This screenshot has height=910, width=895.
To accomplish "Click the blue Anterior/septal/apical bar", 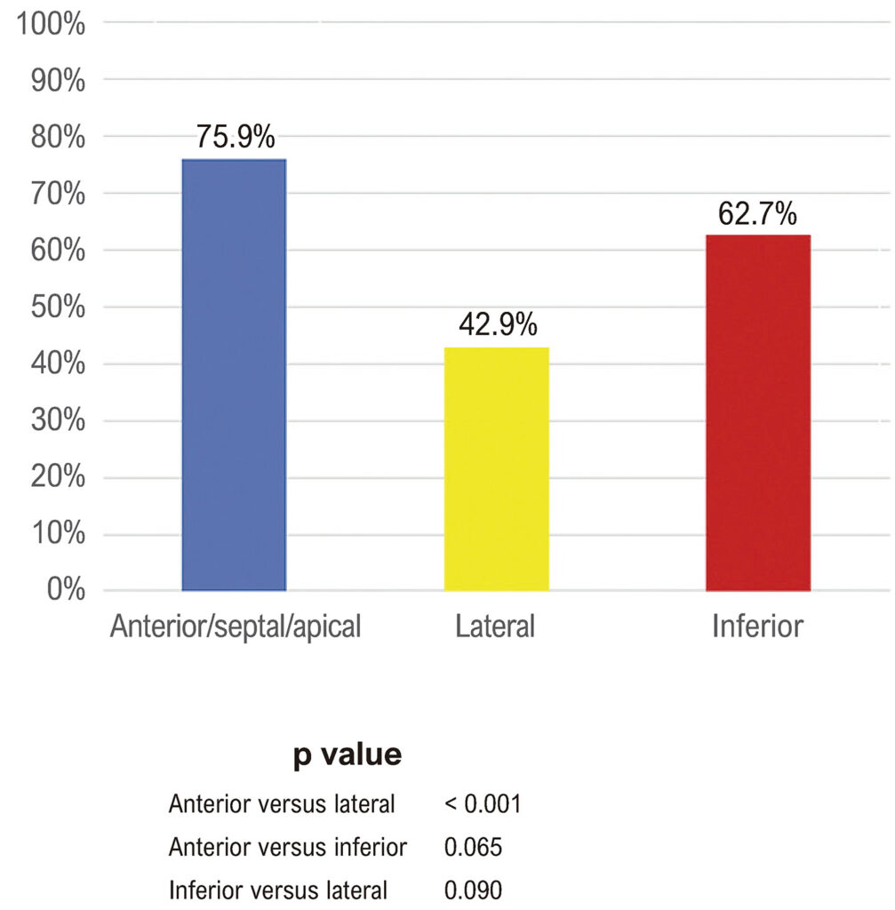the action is (x=234, y=375).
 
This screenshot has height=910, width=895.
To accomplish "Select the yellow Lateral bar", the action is (x=496, y=469).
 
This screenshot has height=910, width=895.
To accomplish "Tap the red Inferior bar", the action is (x=758, y=412).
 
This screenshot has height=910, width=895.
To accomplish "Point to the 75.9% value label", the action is (x=235, y=137).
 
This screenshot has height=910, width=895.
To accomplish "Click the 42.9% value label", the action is (x=498, y=323).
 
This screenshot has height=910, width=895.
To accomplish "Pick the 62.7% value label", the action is (x=757, y=213).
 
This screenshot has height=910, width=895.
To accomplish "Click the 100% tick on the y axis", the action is (x=51, y=25).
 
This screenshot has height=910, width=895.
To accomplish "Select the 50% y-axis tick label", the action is (x=58, y=307).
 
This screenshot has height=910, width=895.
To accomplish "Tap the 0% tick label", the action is (x=66, y=589).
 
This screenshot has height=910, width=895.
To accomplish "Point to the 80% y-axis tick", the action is (x=58, y=138).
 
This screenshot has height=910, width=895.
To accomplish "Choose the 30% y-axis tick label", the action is (x=58, y=419).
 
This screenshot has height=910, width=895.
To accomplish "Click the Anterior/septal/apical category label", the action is (x=236, y=627).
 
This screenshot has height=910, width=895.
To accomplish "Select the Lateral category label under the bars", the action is (x=495, y=627).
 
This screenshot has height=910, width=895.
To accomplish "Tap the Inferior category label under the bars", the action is (x=758, y=627).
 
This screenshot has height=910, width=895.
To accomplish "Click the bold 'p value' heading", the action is (x=348, y=755).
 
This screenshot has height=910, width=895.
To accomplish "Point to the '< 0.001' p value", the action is (x=483, y=803).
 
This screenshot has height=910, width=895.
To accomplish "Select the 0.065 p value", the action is (x=473, y=847).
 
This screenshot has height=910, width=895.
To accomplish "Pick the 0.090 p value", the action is (x=473, y=890).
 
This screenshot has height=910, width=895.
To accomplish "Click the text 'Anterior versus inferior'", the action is (x=288, y=847).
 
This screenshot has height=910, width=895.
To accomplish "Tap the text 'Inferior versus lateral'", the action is (x=278, y=890).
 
